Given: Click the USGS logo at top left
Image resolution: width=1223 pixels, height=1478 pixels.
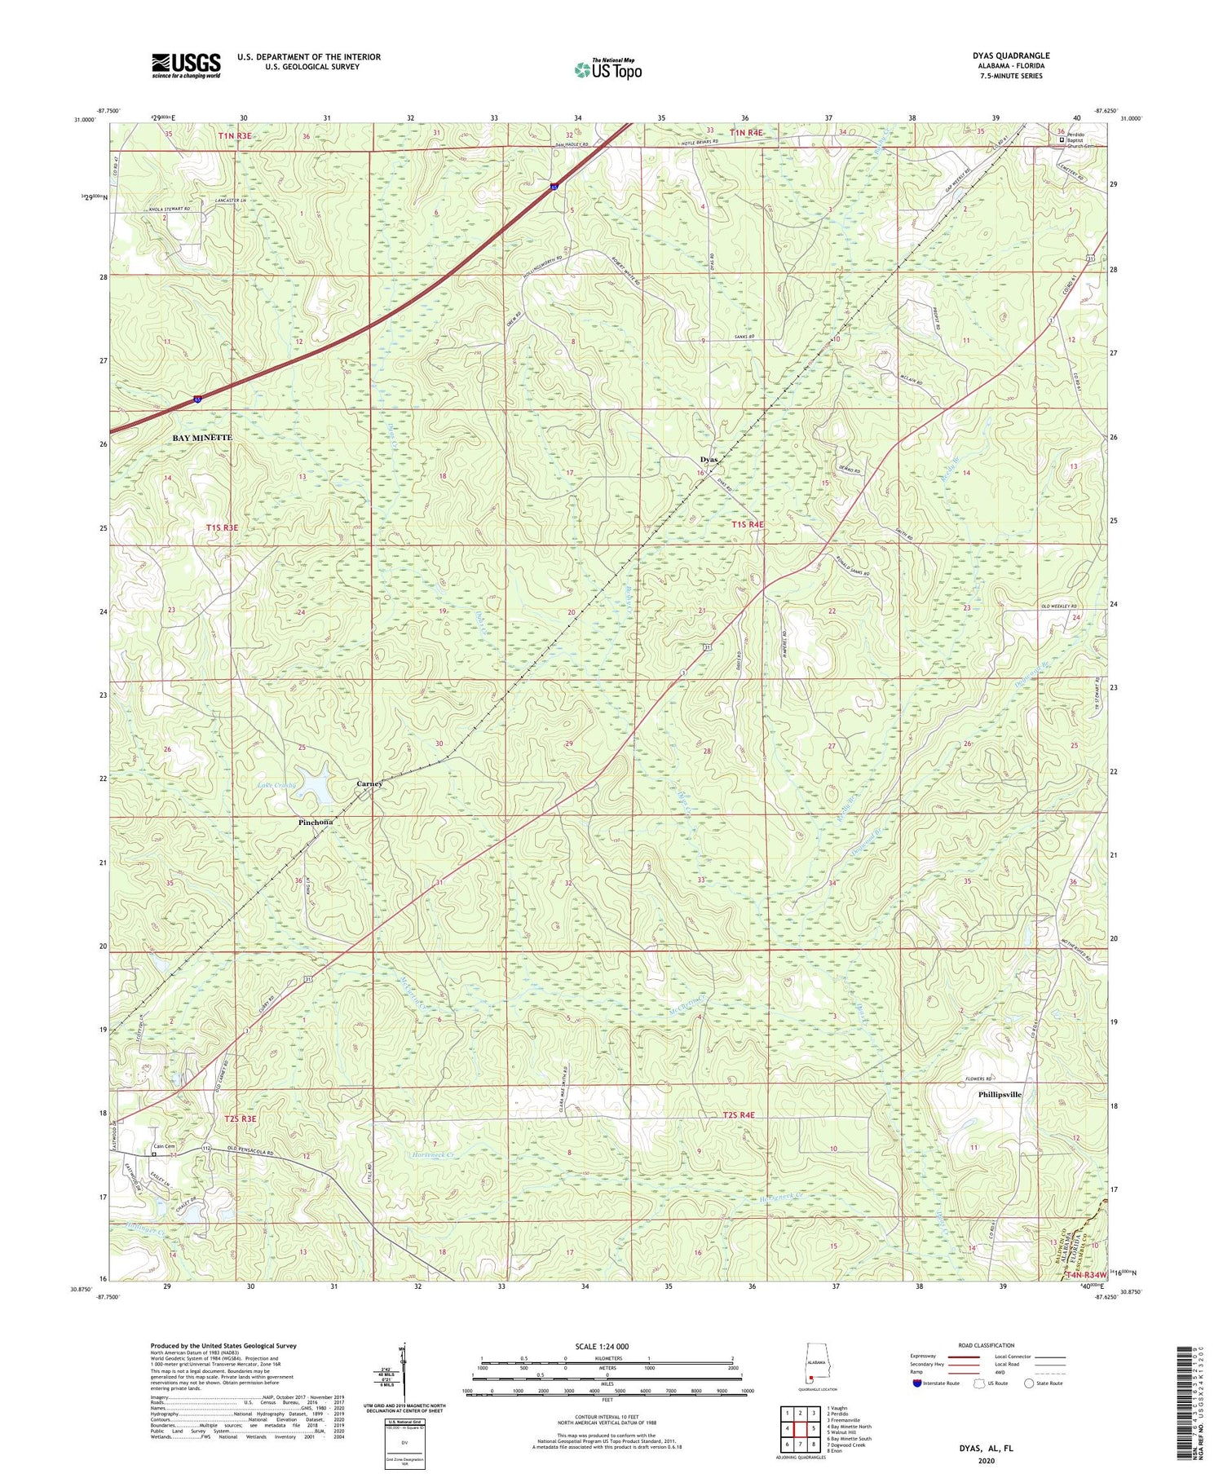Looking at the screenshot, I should coord(186,65).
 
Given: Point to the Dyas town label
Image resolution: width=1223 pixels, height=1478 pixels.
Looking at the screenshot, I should coord(709,460).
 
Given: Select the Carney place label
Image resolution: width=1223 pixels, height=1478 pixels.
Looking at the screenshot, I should coord(369,783).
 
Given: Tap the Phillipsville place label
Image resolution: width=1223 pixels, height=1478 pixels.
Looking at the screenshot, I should coord(1000,1095).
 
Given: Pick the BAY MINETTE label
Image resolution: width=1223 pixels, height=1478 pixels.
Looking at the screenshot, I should coord(202,438).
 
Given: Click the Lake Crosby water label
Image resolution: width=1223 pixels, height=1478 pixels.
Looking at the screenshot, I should coord(277,785).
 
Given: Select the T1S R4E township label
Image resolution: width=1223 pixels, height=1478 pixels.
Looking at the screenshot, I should coord(748,524).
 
